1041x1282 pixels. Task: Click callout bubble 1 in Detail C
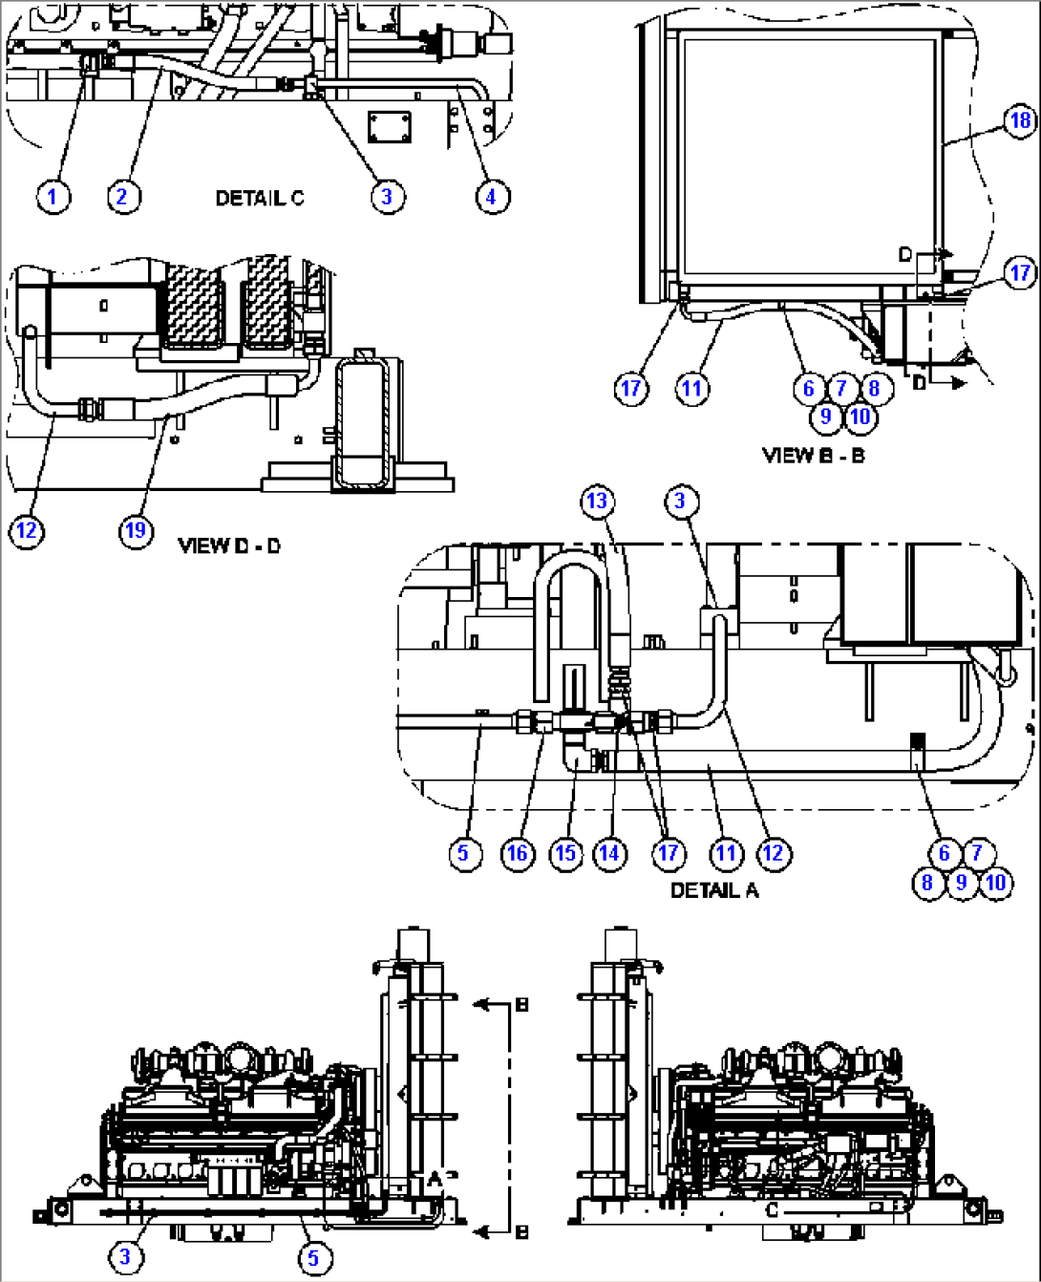click(x=53, y=197)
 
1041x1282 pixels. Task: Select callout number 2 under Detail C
click(x=122, y=197)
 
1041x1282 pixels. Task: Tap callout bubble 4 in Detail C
click(x=492, y=197)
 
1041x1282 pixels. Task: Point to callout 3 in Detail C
click(x=387, y=197)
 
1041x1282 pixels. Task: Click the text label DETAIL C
click(x=259, y=199)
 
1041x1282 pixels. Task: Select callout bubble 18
click(x=1020, y=120)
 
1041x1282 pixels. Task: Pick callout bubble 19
click(x=137, y=529)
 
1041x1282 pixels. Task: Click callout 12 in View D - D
click(x=27, y=529)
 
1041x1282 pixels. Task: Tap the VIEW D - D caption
click(x=229, y=546)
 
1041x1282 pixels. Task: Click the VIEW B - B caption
click(x=813, y=456)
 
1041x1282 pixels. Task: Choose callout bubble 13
click(x=597, y=501)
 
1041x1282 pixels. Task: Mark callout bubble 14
click(x=609, y=853)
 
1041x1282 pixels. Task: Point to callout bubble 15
click(x=565, y=853)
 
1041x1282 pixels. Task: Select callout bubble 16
click(x=518, y=853)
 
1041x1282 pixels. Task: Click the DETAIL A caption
click(x=713, y=890)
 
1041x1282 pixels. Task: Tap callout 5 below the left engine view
click(x=313, y=1258)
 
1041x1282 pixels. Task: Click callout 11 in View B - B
click(x=692, y=389)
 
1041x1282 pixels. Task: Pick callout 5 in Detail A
click(x=464, y=853)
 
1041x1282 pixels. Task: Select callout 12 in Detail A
click(x=773, y=853)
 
